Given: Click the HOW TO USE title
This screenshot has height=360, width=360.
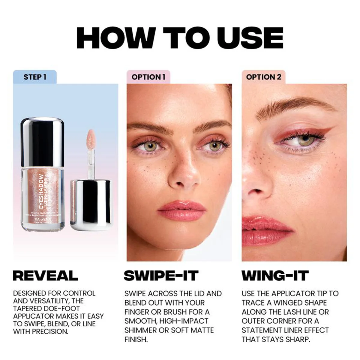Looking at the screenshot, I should [x=179, y=38].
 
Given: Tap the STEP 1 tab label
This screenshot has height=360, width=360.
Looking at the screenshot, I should [x=35, y=77].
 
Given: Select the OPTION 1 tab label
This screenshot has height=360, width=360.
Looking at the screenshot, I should [x=148, y=77].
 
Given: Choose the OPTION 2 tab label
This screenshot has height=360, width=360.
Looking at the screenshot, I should [x=263, y=77].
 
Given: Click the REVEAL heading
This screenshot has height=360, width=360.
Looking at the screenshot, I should [x=45, y=275].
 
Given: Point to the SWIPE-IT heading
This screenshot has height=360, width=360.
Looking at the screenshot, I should [x=161, y=275].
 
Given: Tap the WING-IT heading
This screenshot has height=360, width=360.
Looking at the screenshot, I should [x=275, y=275].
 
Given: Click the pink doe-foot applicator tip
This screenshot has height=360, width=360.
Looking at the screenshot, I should [x=91, y=137].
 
